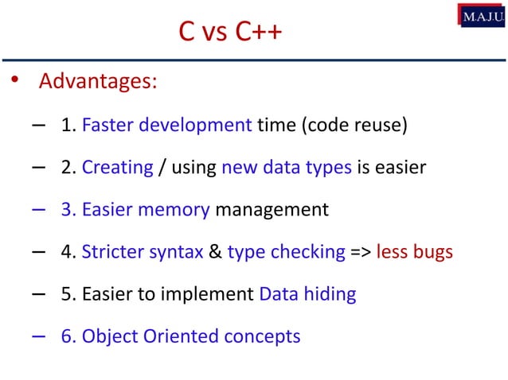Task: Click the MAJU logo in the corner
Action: click(x=481, y=14)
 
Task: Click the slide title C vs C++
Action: click(x=230, y=33)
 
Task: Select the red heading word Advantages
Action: click(x=98, y=82)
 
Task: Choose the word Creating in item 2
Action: click(x=117, y=168)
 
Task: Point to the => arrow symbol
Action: click(x=359, y=252)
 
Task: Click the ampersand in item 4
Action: click(x=214, y=252)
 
